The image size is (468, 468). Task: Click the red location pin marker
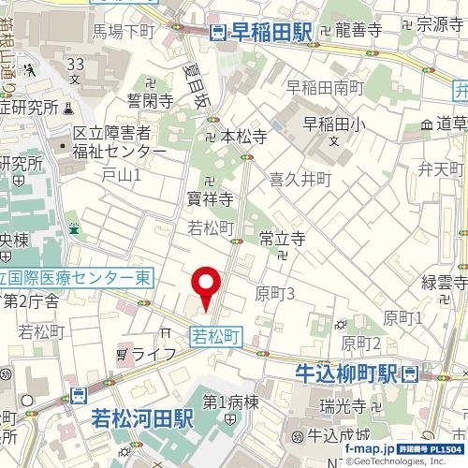pos(206,285)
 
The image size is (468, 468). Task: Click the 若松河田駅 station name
pos(141,418)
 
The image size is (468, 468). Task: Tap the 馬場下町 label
pos(124,32)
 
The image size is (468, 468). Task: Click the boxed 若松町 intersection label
pos(216,333)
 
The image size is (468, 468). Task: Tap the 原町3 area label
pos(275,294)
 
